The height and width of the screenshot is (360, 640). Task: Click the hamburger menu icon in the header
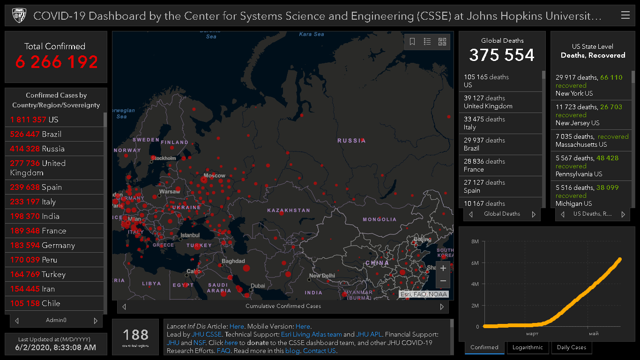click(625, 15)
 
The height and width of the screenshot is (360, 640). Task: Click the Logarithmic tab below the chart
click(528, 347)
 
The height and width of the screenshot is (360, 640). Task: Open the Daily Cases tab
click(572, 347)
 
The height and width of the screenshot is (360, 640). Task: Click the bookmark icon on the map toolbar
click(412, 42)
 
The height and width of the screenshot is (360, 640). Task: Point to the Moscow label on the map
click(214, 176)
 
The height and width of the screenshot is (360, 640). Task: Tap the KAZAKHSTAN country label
click(289, 210)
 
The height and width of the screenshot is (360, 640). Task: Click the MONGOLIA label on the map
click(380, 219)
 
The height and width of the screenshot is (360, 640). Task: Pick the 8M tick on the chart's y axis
click(475, 241)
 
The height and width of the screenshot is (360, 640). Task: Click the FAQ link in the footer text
click(223, 351)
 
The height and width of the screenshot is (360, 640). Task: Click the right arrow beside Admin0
click(96, 321)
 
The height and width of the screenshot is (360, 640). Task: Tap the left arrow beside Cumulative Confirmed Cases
click(124, 307)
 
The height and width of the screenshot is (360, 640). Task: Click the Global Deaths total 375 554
click(502, 55)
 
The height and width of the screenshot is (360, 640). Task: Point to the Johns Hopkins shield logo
click(18, 15)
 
